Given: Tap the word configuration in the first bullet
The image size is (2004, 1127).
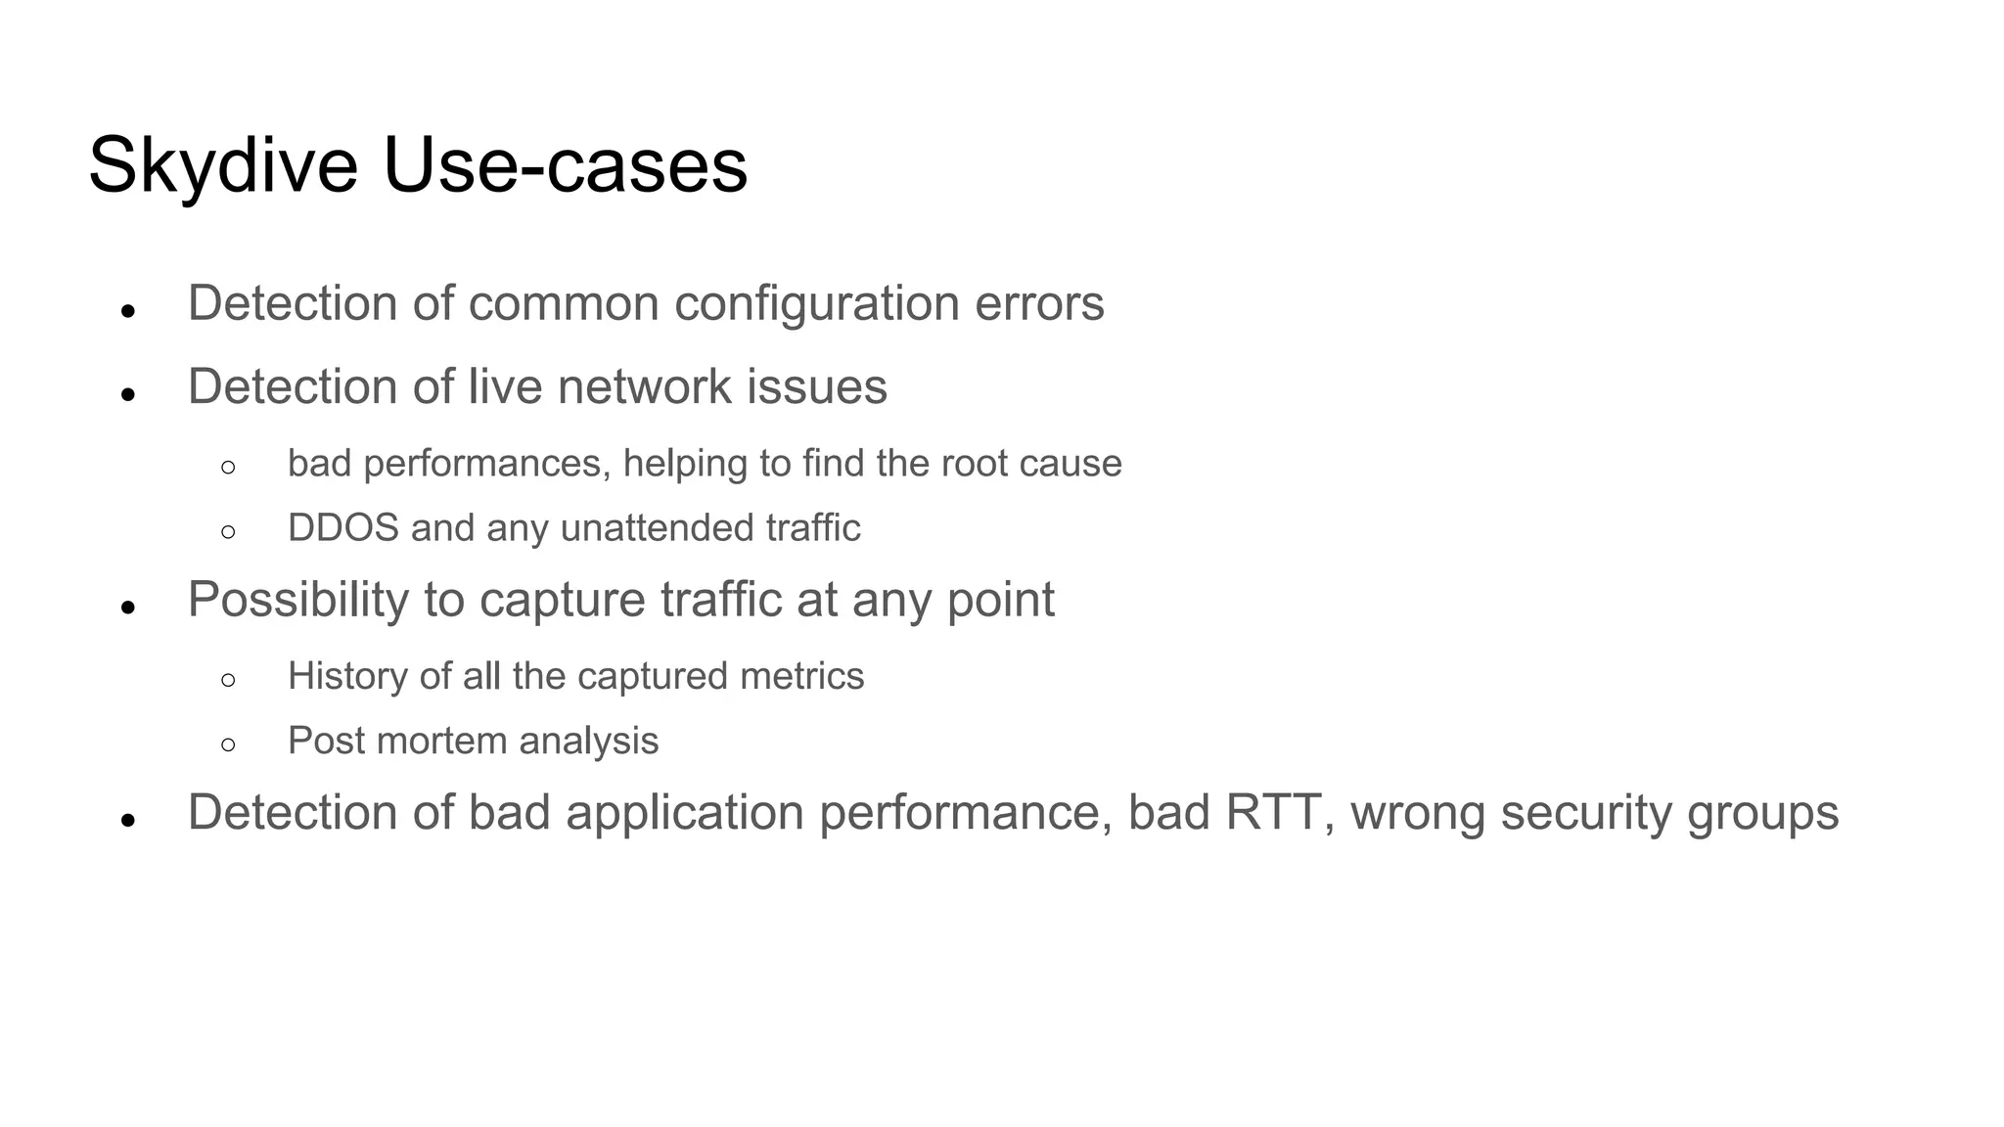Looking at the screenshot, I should click(x=816, y=304).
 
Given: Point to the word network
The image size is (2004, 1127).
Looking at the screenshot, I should click(x=644, y=387).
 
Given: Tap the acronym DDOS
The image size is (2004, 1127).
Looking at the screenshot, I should click(x=342, y=528).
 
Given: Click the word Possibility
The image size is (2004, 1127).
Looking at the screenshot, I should click(x=297, y=600).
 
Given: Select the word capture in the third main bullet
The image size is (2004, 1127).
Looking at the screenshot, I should click(x=562, y=600).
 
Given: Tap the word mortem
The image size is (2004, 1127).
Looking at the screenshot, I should click(x=441, y=742).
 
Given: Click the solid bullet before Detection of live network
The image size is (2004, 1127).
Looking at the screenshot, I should click(x=127, y=395).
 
